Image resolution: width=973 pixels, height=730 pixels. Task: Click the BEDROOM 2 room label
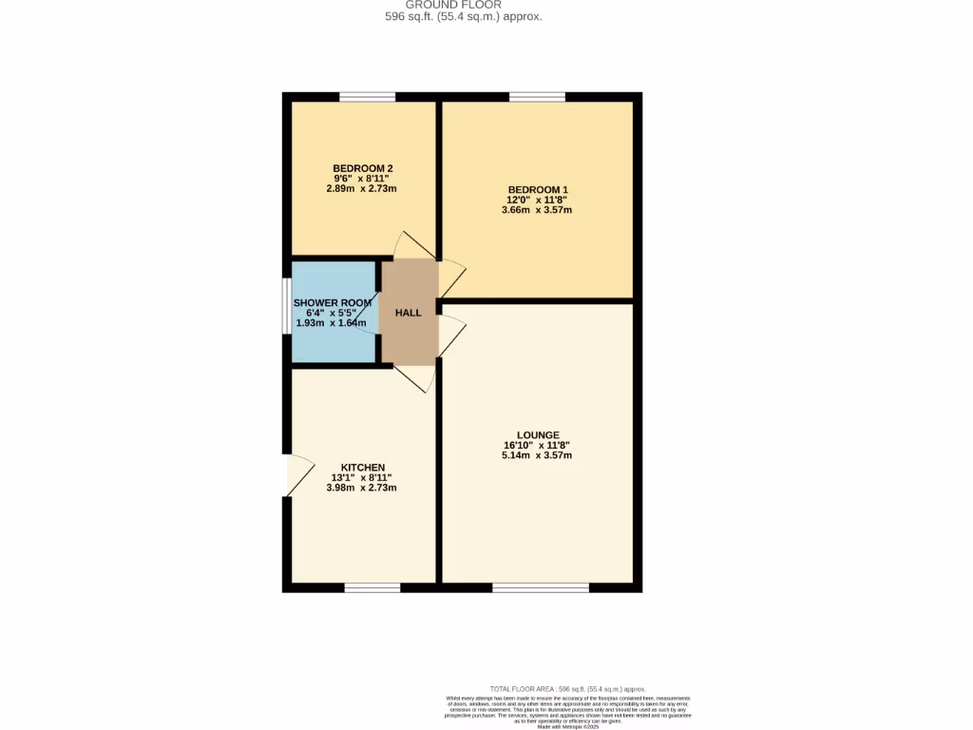click(362, 168)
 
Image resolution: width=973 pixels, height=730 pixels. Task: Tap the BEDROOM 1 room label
click(537, 189)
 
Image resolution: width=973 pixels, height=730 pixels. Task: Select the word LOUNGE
click(538, 435)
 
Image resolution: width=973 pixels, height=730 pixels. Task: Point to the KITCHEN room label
click(363, 467)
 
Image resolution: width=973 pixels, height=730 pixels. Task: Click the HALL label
click(408, 313)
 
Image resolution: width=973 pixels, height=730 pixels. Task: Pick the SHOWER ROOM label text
click(333, 303)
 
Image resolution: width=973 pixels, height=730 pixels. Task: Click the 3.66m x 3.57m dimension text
click(537, 210)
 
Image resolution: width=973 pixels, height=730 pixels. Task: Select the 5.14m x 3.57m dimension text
click(538, 456)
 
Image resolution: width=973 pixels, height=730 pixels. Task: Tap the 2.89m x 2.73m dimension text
click(361, 189)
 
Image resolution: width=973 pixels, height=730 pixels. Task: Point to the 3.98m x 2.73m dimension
click(361, 488)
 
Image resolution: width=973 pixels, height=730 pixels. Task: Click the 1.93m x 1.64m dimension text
click(331, 323)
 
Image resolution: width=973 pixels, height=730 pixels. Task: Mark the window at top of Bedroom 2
click(368, 96)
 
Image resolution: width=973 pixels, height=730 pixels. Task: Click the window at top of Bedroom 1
click(537, 96)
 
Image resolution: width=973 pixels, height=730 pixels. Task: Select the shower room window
click(286, 306)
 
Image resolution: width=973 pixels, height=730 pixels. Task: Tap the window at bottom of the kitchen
click(372, 587)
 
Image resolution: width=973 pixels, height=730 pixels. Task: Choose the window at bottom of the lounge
click(540, 587)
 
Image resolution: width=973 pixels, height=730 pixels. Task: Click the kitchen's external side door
click(288, 475)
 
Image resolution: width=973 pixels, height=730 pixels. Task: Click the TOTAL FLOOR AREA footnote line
click(567, 688)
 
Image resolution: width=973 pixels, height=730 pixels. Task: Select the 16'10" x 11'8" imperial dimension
click(537, 446)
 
